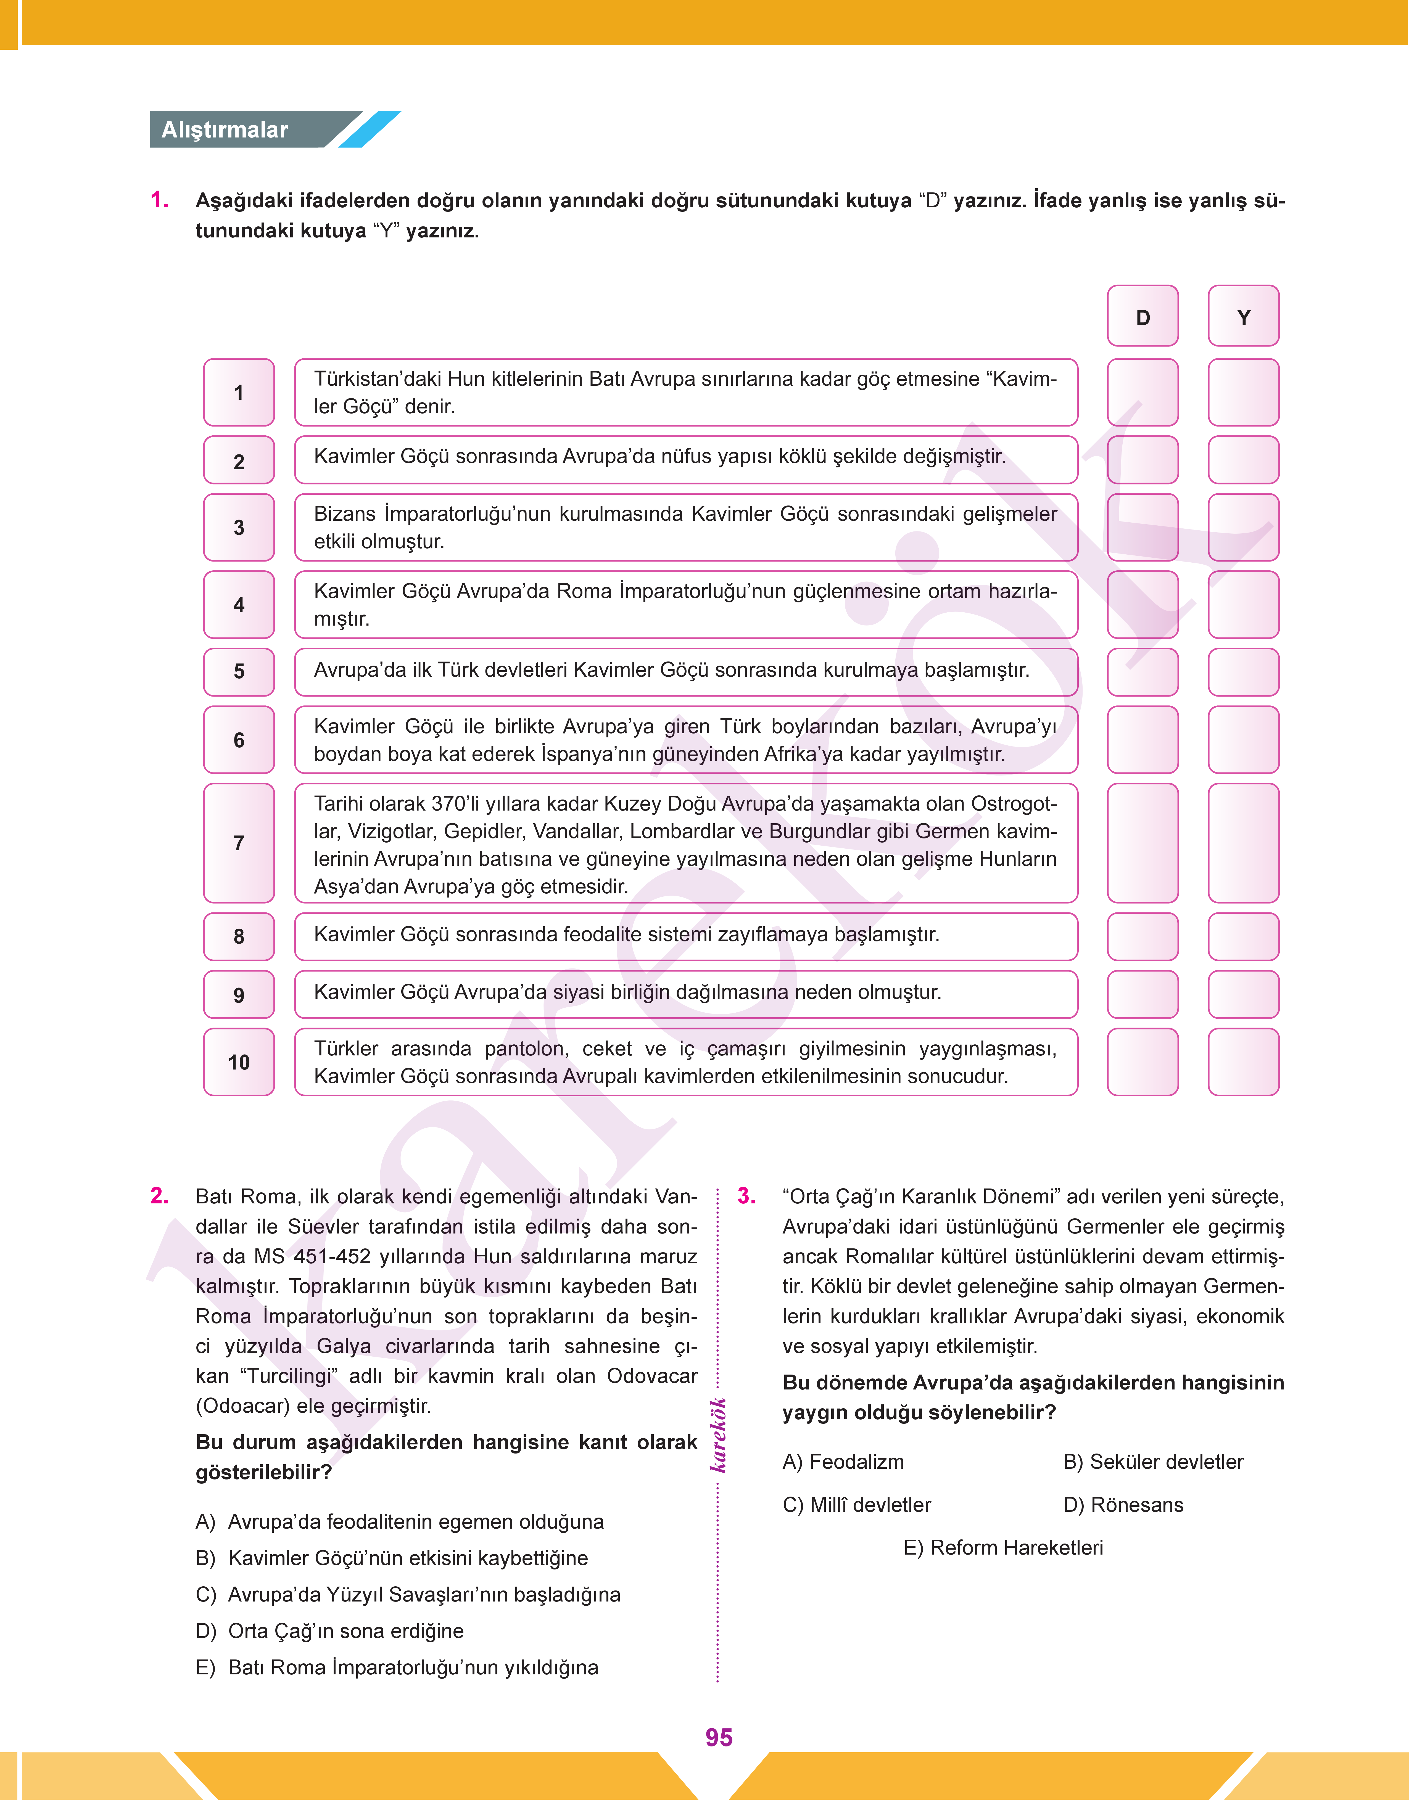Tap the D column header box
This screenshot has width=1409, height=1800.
coord(1142,317)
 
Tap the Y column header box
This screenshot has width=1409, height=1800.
coord(1243,317)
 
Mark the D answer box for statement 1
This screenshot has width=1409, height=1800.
coord(1142,393)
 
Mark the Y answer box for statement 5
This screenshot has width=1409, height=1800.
coord(1243,671)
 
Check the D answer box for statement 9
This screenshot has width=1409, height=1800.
coord(1142,994)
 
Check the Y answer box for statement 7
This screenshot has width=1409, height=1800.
coord(1243,843)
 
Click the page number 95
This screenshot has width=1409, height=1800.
coord(719,1737)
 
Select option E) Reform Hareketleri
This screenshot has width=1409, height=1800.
coord(1003,1548)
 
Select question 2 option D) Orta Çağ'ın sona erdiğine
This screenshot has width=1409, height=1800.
coord(330,1631)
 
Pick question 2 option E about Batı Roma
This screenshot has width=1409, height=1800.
coord(397,1667)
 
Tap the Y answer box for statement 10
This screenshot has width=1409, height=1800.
coord(1243,1062)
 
